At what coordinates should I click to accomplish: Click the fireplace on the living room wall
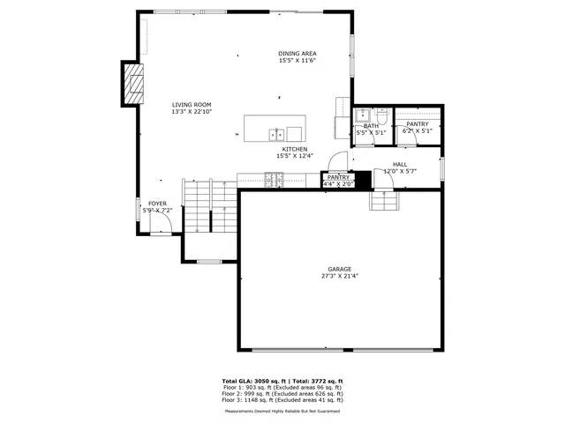pyautogui.click(x=132, y=84)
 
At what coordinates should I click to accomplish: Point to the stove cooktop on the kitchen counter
pyautogui.click(x=273, y=181)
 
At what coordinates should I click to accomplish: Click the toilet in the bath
pyautogui.click(x=382, y=115)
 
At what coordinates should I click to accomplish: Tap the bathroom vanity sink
pyautogui.click(x=361, y=115)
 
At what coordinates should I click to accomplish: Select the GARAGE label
pyautogui.click(x=340, y=269)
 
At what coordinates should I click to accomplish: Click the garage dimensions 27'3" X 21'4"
pyautogui.click(x=340, y=276)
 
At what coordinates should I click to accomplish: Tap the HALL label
pyautogui.click(x=400, y=164)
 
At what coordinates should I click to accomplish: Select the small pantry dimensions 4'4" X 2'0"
pyautogui.click(x=339, y=184)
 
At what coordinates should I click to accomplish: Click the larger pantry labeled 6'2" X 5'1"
pyautogui.click(x=418, y=128)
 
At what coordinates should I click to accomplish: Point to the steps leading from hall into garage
pyautogui.click(x=385, y=202)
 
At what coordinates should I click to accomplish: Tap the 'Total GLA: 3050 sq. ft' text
pyautogui.click(x=255, y=381)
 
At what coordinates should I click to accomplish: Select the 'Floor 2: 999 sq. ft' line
pyautogui.click(x=282, y=393)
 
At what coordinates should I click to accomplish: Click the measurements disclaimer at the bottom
pyautogui.click(x=282, y=411)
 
